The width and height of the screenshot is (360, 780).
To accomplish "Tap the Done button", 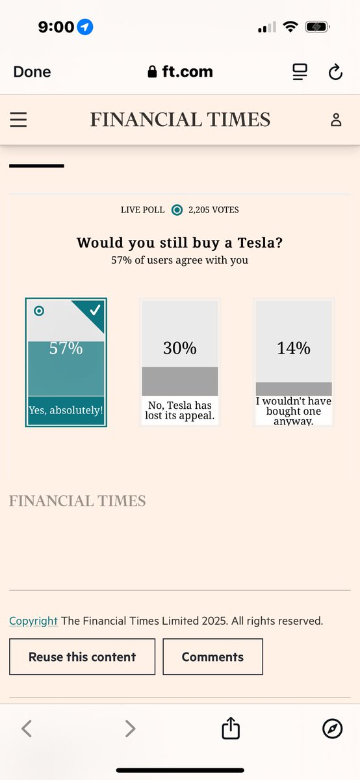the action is click(x=32, y=71).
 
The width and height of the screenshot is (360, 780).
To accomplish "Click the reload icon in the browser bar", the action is click(x=335, y=71).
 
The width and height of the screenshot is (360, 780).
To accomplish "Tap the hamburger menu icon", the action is click(x=18, y=120).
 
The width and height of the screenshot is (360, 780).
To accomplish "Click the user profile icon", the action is click(x=336, y=120).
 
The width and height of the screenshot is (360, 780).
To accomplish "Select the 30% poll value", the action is click(x=179, y=348).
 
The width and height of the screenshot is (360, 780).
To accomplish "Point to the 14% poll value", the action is click(x=294, y=348).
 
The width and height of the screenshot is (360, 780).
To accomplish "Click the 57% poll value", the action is click(x=66, y=348).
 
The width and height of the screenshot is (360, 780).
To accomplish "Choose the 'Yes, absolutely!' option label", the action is click(x=66, y=410).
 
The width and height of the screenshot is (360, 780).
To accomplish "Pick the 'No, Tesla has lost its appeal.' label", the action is click(x=179, y=410).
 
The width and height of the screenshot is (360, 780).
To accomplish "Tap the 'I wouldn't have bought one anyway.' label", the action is click(x=294, y=411).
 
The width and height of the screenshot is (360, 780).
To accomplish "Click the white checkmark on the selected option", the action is click(x=95, y=310).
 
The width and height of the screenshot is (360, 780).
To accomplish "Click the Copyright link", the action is click(x=33, y=621).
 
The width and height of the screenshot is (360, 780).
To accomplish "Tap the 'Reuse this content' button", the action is click(x=82, y=656).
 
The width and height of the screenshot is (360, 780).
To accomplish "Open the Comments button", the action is click(x=212, y=656).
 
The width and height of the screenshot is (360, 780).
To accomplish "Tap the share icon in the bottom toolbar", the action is click(x=231, y=728).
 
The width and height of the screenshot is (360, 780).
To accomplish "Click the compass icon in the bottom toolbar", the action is click(x=333, y=729).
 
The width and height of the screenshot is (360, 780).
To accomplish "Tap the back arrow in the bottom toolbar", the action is click(x=27, y=729).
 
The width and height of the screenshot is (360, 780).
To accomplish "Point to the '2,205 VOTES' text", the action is click(x=213, y=210).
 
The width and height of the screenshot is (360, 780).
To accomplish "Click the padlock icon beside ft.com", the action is click(x=152, y=71).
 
